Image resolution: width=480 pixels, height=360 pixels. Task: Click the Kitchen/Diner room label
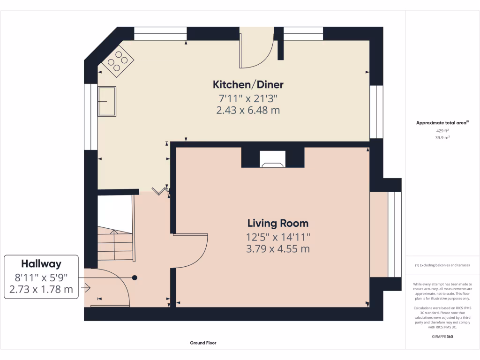point(248,84)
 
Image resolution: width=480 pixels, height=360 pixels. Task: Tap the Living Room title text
point(278,224)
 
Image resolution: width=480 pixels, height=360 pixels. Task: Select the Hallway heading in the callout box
point(41,264)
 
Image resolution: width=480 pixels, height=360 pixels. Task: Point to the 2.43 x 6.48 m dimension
point(248,110)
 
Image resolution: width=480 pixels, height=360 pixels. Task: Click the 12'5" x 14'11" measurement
point(278,237)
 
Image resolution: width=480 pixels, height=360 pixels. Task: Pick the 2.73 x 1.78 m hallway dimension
point(41,289)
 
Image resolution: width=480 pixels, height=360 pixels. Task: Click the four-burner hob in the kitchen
point(118,61)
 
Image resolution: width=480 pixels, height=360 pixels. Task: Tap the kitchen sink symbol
point(107,101)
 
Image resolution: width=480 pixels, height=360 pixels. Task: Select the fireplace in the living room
point(273,159)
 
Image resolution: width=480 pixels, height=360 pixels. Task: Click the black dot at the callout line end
point(135,277)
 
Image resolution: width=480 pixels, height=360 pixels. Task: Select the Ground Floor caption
point(203,343)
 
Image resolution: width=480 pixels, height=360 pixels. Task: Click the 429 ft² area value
point(442,131)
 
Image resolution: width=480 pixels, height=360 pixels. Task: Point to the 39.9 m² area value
point(442,138)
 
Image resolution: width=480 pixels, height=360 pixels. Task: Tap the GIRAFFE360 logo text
point(442,337)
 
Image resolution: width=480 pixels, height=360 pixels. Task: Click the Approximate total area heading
point(442,123)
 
